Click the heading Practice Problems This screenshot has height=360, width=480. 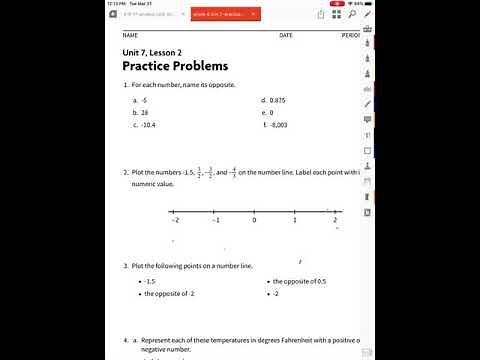175,66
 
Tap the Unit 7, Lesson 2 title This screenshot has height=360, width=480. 152,52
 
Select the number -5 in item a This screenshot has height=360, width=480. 145,101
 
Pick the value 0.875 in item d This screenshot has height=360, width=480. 278,101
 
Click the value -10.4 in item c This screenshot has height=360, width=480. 149,125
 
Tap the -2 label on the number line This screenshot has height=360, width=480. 175,220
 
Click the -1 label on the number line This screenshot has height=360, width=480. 214,220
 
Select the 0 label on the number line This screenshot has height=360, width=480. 254,220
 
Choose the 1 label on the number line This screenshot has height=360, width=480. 294,220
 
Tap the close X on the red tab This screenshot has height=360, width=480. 253,14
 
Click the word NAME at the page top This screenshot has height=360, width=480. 130,35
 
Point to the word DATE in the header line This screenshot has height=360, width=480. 286,35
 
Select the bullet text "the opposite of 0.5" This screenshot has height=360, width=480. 299,282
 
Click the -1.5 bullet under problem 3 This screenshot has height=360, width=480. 150,282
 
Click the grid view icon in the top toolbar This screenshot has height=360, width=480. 127,14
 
